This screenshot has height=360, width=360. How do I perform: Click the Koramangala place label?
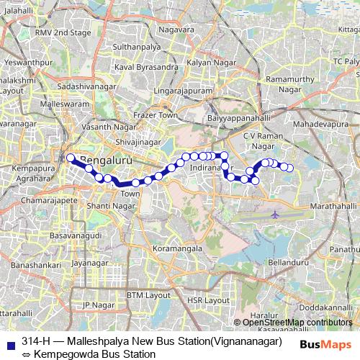pyautogui.click(x=176, y=248)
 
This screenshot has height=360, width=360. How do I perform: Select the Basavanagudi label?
pyautogui.click(x=71, y=235)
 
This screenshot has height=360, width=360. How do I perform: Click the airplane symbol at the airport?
pyautogui.click(x=276, y=215)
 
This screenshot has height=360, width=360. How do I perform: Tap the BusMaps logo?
pyautogui.click(x=325, y=344)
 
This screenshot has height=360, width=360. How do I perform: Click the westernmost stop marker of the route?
pyautogui.click(x=71, y=158)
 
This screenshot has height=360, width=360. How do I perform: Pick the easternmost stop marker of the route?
pyautogui.click(x=290, y=168)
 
